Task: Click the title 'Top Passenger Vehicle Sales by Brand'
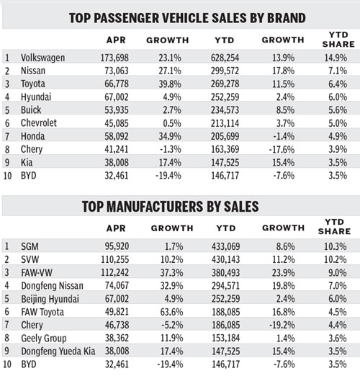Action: pos(180,17)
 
